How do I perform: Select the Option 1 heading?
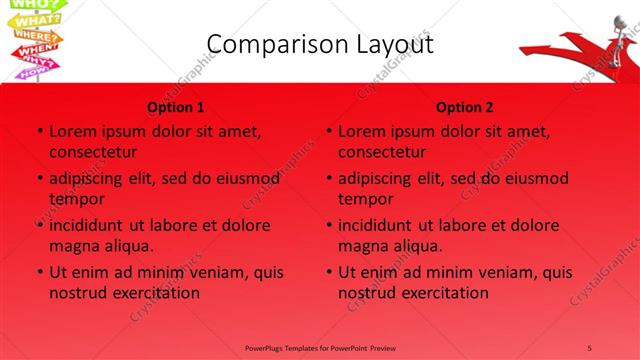(x=176, y=108)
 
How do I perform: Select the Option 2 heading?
(x=465, y=108)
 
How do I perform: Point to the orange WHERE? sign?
(x=33, y=36)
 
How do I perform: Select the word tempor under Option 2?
(x=366, y=199)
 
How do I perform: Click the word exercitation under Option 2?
(x=441, y=293)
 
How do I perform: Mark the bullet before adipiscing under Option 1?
(x=39, y=178)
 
